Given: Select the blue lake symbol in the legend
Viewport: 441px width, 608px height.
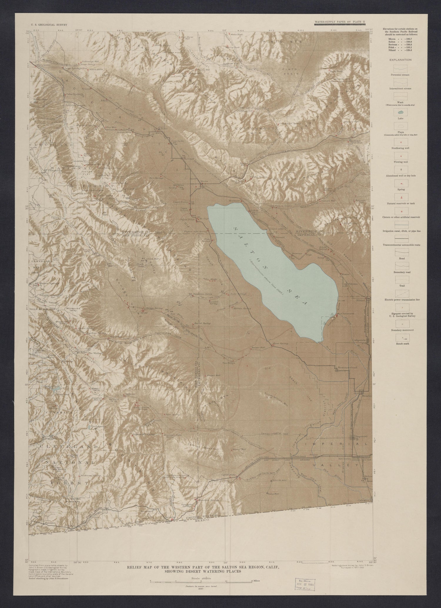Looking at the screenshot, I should point(401,112).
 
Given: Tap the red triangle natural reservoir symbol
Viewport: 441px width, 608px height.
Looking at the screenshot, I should point(401,197).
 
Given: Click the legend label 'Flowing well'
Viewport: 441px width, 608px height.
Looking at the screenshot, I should point(401,162).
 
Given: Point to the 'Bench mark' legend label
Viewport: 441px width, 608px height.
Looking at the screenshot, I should point(401,343).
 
